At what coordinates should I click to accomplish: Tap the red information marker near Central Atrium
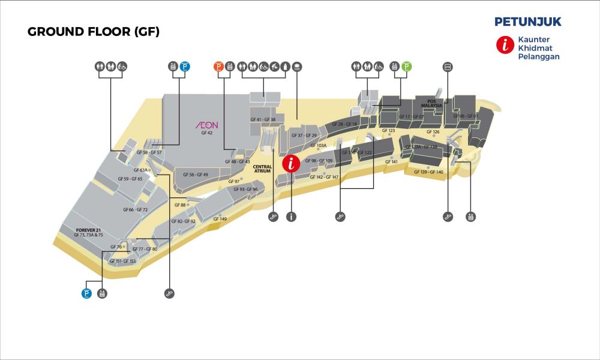(x=292, y=163)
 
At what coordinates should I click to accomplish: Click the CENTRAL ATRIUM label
(x=263, y=169)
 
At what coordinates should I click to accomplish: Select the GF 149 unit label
(x=220, y=219)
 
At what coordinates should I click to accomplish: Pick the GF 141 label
(x=391, y=162)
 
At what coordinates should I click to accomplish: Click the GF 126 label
(x=433, y=131)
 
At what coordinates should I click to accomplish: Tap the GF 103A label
(x=318, y=145)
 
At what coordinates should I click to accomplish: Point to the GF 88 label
(x=180, y=205)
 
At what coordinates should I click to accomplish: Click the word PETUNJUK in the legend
(x=528, y=22)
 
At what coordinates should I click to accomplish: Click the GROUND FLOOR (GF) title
(x=94, y=32)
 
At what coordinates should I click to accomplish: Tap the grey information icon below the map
(x=292, y=217)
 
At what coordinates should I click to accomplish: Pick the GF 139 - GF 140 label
(x=428, y=172)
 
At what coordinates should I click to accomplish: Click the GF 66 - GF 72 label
(x=135, y=209)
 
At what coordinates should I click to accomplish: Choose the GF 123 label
(x=388, y=130)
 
